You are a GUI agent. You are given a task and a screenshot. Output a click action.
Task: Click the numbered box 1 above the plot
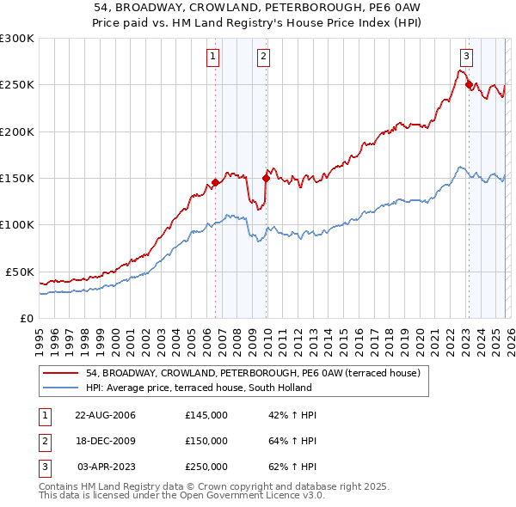tap(212, 58)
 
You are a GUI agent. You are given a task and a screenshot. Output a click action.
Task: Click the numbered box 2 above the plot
tap(263, 58)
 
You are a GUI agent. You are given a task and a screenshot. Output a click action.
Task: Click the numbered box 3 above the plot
tap(465, 58)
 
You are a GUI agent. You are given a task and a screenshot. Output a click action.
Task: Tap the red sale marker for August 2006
tap(215, 183)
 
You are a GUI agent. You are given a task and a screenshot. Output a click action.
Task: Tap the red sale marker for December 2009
tap(266, 179)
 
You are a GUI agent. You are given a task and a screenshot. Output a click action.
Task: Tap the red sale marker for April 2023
tap(469, 85)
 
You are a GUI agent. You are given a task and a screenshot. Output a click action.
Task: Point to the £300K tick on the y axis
tap(17, 39)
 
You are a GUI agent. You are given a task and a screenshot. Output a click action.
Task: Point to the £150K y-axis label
tap(17, 179)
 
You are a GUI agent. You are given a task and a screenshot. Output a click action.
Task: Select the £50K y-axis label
tap(21, 272)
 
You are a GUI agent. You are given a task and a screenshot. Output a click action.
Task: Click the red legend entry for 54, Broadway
tap(252, 373)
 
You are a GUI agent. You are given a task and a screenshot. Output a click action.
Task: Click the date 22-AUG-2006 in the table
tap(105, 415)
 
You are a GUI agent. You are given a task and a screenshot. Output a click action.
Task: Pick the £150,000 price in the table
tap(206, 441)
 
